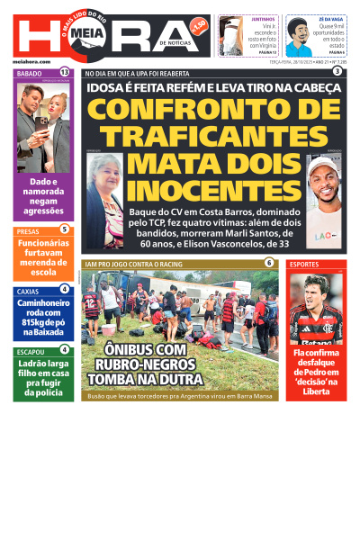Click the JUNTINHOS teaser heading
pos(264,18)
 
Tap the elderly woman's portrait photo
pos(104,188)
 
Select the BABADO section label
pos(31,72)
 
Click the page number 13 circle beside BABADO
pos(65,72)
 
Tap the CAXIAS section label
pos(29,291)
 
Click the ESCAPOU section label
pos(31,351)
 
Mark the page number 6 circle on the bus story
pos(269,263)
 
